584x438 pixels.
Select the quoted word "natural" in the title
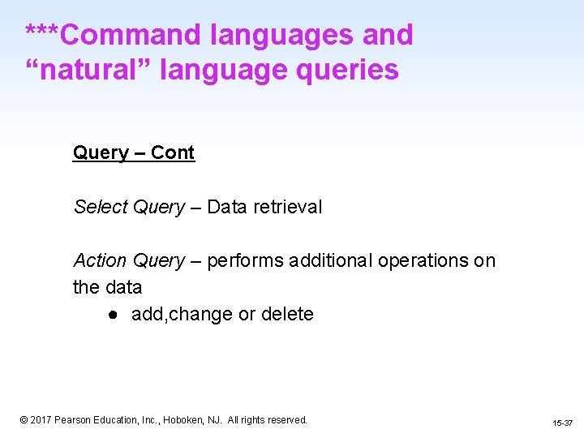pyautogui.click(x=88, y=70)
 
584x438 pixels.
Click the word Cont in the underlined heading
pyautogui.click(x=173, y=153)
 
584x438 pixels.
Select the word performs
pyautogui.click(x=245, y=260)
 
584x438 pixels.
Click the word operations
pyautogui.click(x=424, y=260)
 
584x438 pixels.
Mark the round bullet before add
pyautogui.click(x=117, y=315)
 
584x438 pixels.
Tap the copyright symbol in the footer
pyautogui.click(x=24, y=420)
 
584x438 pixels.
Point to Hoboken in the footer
pyautogui.click(x=187, y=420)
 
